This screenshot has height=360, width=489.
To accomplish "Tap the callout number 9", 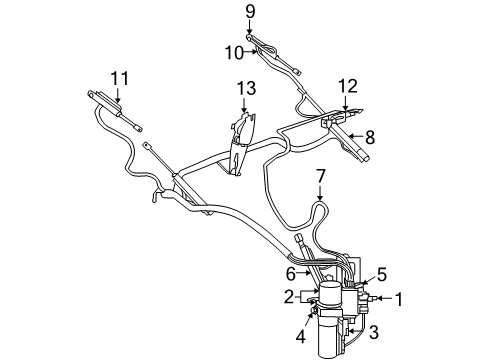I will [x=250, y=13].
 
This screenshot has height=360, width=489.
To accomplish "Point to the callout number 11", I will [x=120, y=78].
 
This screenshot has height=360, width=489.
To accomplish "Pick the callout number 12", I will [x=346, y=85].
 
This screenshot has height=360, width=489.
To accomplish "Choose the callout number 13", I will [x=245, y=90].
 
